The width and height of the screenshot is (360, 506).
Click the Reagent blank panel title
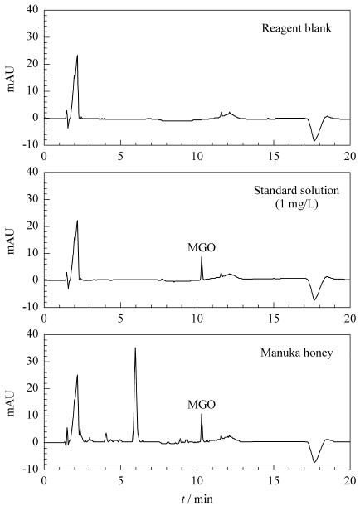coord(296,28)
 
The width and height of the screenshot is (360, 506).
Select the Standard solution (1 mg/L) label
coord(296,197)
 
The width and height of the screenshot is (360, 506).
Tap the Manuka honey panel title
coord(296,353)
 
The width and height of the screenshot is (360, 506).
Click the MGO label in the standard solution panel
coord(202,247)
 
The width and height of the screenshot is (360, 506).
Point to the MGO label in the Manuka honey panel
coord(202,405)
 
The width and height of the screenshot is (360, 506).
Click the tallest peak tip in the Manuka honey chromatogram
coord(135,348)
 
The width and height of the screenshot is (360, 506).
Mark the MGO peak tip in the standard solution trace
coord(202,256)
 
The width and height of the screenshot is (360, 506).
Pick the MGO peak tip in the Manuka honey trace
coord(202,414)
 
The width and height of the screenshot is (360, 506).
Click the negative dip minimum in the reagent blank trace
coord(314,141)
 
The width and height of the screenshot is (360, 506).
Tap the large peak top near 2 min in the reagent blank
coord(77,56)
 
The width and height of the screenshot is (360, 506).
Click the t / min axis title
coord(197,499)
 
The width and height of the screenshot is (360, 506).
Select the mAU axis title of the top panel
coord(12,79)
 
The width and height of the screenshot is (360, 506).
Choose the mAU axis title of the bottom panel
coord(12,403)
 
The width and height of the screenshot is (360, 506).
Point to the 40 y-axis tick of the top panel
coord(33,10)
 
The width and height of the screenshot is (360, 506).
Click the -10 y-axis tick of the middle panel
coord(31,307)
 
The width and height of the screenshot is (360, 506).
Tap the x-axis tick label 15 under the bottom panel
coord(274,480)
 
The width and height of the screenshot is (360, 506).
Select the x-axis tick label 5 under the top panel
coord(120,156)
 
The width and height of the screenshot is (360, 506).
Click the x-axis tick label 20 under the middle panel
coord(350,319)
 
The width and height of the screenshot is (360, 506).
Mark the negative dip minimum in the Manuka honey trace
coord(314,462)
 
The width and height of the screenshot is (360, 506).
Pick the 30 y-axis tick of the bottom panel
coord(33,361)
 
